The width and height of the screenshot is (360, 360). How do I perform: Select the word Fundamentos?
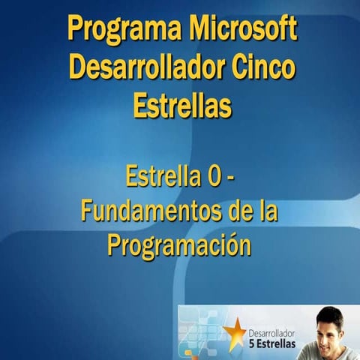pyautogui.click(x=145, y=212)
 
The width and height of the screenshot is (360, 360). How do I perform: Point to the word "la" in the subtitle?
pyautogui.click(x=266, y=212)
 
